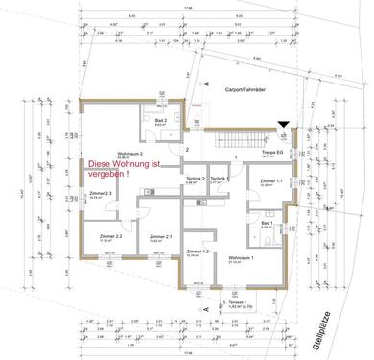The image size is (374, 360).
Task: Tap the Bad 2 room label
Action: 160,120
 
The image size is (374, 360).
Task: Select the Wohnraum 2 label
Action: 129,154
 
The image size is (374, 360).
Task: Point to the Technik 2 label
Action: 195,179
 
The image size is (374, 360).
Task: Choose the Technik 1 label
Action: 219,179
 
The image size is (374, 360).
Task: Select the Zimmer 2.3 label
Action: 101,195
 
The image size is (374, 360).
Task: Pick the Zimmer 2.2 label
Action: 110,237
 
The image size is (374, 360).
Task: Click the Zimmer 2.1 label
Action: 160,237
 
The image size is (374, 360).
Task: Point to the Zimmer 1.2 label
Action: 198,251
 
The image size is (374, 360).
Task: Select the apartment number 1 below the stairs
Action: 235,156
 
